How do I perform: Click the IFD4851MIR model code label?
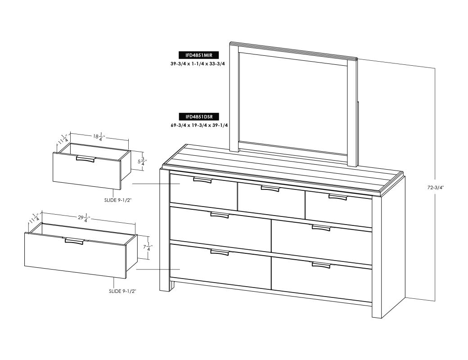click(198, 55)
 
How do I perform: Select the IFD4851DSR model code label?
click(198, 117)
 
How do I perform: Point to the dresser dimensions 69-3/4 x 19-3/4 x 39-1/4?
click(199, 126)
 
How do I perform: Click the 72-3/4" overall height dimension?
click(436, 188)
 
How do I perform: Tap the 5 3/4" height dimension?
click(141, 162)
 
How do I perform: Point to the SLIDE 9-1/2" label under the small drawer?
click(118, 200)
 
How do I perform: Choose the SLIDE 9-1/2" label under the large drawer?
click(122, 291)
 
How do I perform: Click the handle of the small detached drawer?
click(85, 159)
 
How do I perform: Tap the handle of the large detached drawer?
click(74, 241)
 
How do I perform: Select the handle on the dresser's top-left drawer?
click(202, 180)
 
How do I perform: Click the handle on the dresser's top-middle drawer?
click(270, 189)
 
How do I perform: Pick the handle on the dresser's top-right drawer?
click(338, 197)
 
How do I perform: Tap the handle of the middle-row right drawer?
click(321, 228)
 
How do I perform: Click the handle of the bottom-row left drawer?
click(220, 252)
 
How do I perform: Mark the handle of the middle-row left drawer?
click(220, 215)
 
